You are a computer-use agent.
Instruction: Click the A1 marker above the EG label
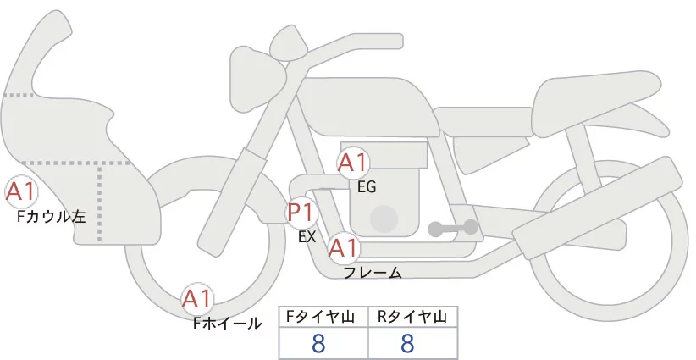(352, 163)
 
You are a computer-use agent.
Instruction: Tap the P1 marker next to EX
(301, 211)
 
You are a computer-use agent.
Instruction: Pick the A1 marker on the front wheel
(197, 298)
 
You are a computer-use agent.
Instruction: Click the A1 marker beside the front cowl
(20, 193)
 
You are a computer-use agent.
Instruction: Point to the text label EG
(367, 187)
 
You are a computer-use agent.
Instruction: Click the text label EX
(307, 237)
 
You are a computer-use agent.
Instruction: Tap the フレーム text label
(373, 273)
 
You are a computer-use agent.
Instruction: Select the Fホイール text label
(228, 323)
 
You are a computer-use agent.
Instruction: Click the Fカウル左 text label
(52, 217)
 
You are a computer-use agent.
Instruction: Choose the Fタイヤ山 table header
(324, 317)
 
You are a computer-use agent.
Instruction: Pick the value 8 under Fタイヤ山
(318, 343)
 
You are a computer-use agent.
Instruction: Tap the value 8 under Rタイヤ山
(407, 343)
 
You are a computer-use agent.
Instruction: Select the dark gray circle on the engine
(385, 219)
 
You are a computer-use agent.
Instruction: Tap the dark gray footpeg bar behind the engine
(453, 227)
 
